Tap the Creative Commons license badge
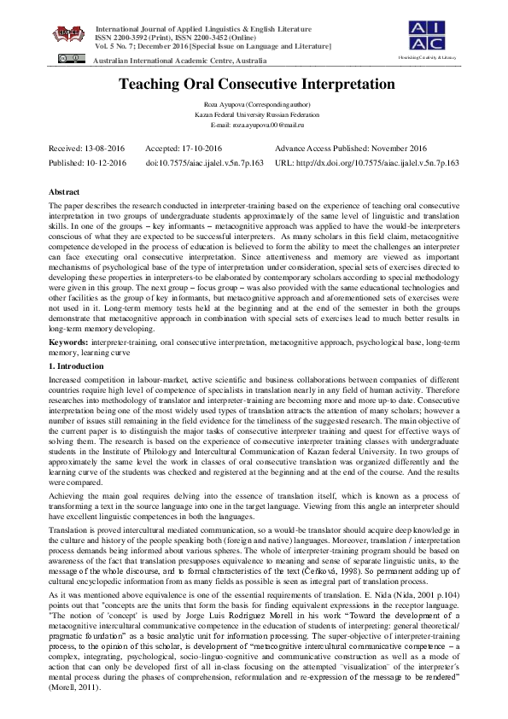pyautogui.click(x=65, y=58)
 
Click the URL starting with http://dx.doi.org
pyautogui.click(x=367, y=161)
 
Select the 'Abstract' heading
pyautogui.click(x=64, y=193)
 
